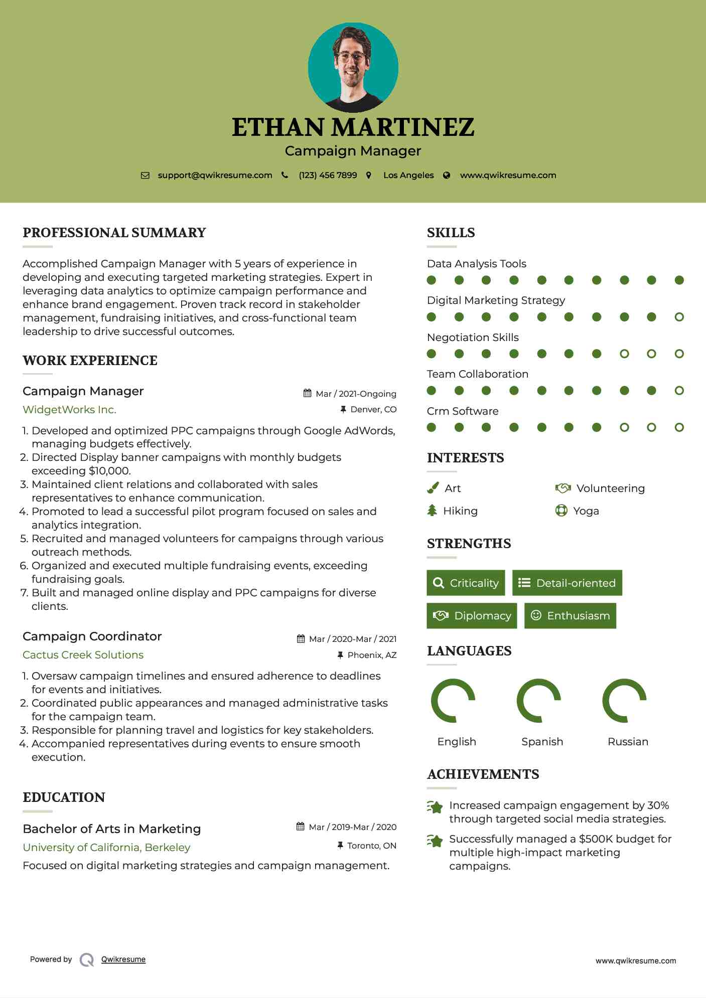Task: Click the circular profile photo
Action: (x=353, y=67)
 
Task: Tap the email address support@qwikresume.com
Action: (x=215, y=176)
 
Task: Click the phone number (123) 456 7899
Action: (x=328, y=176)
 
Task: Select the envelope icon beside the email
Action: (x=145, y=176)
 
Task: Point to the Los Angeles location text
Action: (x=408, y=176)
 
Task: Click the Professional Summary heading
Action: (x=114, y=233)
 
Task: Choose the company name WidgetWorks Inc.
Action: (x=69, y=410)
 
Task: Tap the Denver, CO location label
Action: (x=373, y=410)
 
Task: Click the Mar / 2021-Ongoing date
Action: (x=356, y=394)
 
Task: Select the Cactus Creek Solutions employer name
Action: (x=83, y=655)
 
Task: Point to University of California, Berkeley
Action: (x=106, y=848)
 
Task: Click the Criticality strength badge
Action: (x=466, y=583)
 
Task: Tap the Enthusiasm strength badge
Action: (x=570, y=616)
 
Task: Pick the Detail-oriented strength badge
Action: (x=567, y=583)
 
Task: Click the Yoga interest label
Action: (x=586, y=511)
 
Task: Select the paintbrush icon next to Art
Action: (x=433, y=488)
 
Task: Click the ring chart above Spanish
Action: (x=538, y=701)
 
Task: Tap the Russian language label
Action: (x=628, y=742)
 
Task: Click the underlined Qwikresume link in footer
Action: (x=123, y=959)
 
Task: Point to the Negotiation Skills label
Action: (x=473, y=338)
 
